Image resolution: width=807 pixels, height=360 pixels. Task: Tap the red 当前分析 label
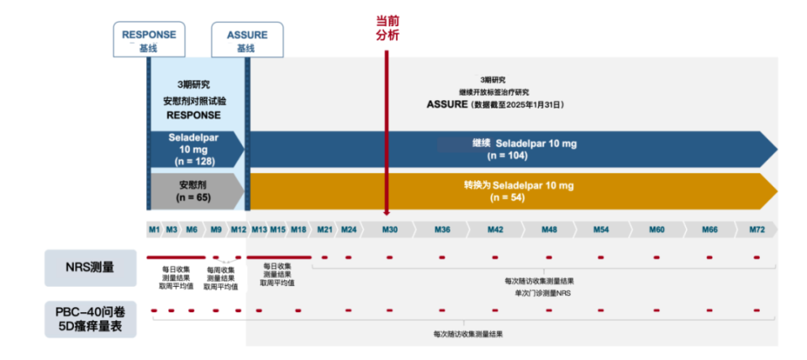387,28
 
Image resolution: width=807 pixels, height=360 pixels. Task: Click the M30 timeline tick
389,230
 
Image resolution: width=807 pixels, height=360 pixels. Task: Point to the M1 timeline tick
154,230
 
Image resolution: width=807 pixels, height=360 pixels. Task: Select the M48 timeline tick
548,230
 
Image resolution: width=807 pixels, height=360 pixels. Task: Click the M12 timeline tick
239,230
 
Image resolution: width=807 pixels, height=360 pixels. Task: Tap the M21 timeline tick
324,230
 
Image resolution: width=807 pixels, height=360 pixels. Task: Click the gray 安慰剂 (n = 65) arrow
193,191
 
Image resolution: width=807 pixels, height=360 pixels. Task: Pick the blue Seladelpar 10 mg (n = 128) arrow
193,148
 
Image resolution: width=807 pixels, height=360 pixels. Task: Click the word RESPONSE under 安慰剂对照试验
193,114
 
